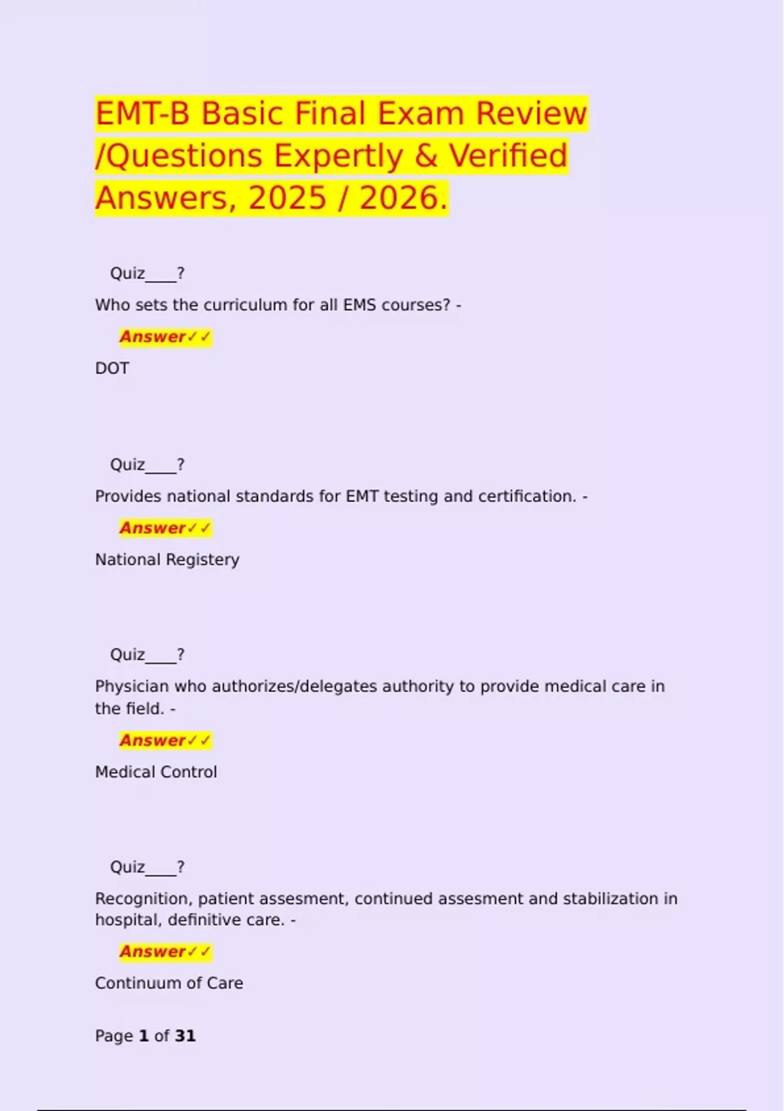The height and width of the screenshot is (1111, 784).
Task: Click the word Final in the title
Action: (331, 114)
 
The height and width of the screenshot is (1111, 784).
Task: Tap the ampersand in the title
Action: (425, 156)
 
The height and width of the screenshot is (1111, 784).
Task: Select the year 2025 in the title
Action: (287, 198)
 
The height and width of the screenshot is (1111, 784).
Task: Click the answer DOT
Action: (112, 369)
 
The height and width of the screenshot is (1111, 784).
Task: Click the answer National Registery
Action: (167, 560)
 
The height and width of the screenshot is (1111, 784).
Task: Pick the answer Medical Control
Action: (155, 772)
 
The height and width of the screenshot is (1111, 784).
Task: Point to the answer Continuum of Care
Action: (169, 984)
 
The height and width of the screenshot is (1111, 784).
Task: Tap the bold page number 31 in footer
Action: (186, 1036)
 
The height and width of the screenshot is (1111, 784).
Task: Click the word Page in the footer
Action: (114, 1036)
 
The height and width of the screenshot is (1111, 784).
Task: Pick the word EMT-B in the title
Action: (142, 114)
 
